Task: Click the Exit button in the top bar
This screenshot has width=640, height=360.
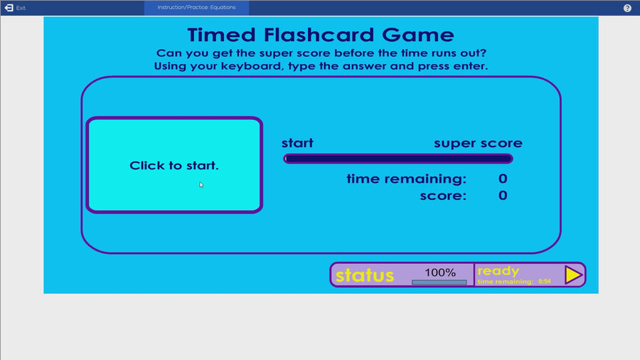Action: click(x=15, y=8)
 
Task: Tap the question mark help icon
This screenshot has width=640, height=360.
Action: click(x=627, y=8)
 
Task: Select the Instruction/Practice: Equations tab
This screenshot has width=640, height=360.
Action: click(x=196, y=8)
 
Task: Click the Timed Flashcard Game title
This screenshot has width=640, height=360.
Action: click(x=320, y=35)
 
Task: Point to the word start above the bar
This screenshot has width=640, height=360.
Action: click(x=297, y=143)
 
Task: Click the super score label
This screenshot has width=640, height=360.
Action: click(x=478, y=143)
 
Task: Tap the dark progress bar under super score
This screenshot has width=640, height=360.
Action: click(x=398, y=159)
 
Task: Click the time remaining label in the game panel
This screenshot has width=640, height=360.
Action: click(x=407, y=179)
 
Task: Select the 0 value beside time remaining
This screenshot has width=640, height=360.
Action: click(x=503, y=179)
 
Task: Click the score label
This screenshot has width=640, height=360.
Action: click(x=443, y=195)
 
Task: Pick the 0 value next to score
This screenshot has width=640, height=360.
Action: click(x=503, y=195)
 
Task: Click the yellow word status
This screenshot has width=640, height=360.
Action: click(x=365, y=275)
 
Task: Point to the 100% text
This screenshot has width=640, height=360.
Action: click(x=440, y=272)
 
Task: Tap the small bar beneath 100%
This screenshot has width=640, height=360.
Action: click(x=439, y=282)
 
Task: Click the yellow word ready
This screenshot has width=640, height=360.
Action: click(x=498, y=271)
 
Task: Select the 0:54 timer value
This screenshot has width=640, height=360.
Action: click(x=544, y=282)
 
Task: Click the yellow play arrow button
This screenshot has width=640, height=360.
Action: click(x=573, y=275)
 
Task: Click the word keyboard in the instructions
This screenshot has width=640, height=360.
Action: click(x=263, y=66)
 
